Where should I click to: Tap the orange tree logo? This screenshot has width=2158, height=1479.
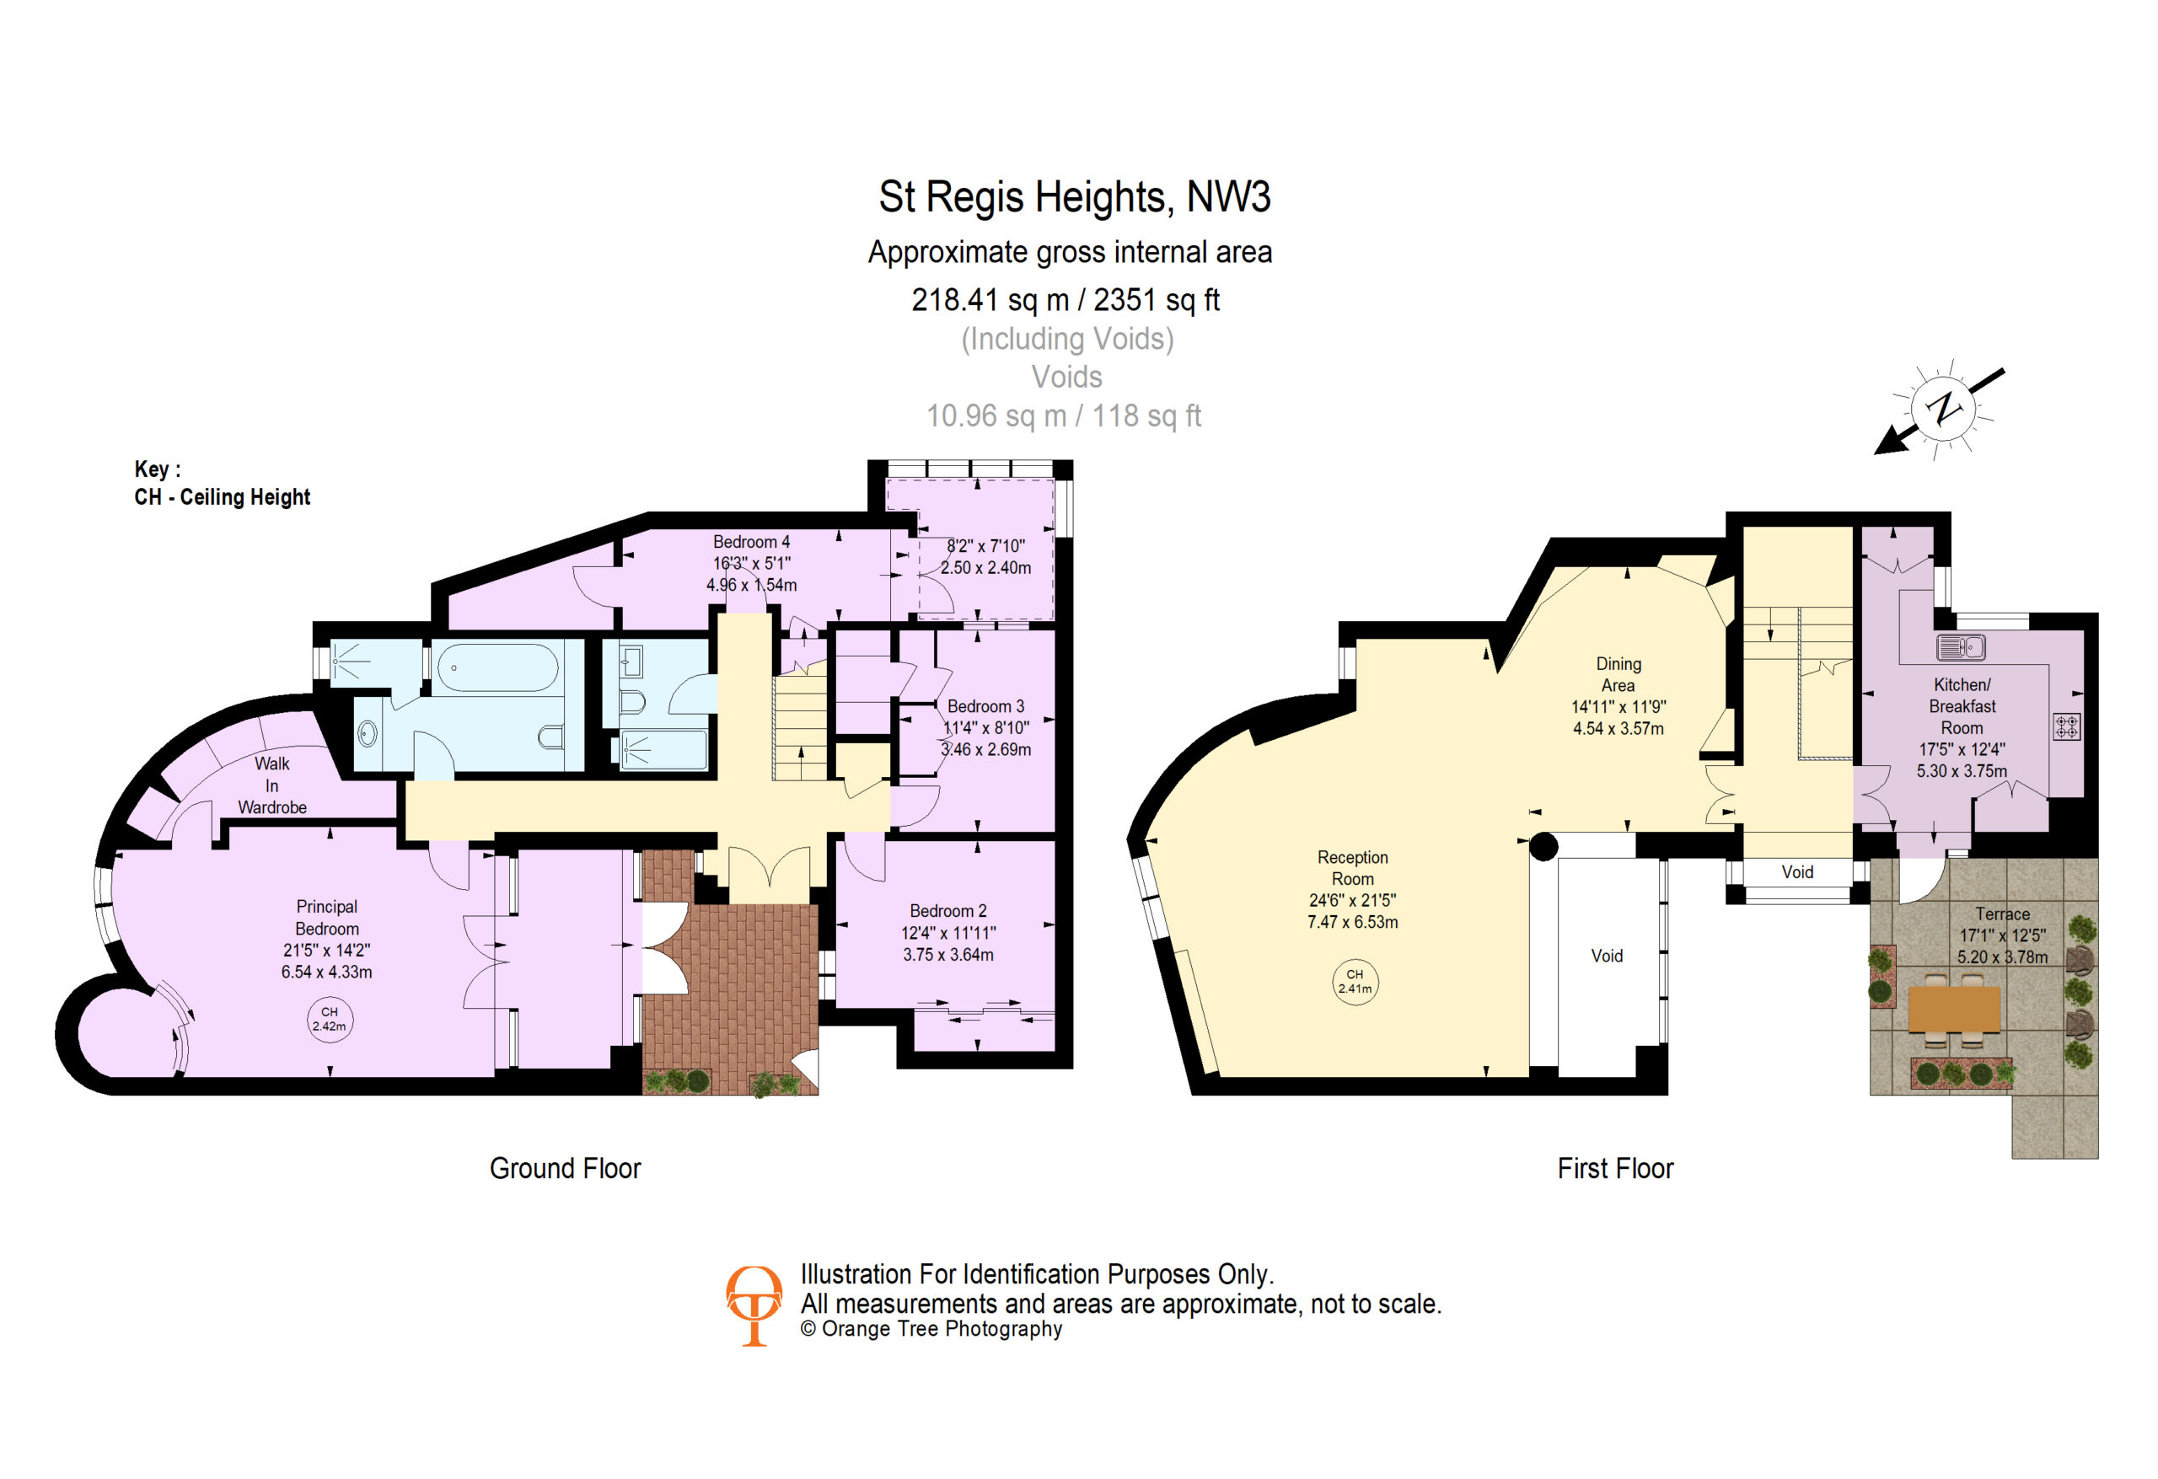(753, 1305)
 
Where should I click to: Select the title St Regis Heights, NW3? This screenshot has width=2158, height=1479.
(1074, 197)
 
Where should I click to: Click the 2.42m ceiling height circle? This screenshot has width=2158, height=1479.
(330, 1019)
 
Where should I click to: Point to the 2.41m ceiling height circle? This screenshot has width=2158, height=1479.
(1355, 981)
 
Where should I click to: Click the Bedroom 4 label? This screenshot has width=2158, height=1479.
(751, 541)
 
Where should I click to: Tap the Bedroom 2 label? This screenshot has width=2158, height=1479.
(948, 911)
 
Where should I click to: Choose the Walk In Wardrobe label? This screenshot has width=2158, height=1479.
(272, 785)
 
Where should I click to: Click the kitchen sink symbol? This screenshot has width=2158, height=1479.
(1961, 646)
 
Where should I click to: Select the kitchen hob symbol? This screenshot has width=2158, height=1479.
(2066, 726)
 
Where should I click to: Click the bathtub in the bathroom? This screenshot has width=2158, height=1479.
(497, 667)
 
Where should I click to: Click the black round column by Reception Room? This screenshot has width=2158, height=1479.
(1543, 846)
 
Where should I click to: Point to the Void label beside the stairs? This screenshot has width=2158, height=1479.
(1796, 871)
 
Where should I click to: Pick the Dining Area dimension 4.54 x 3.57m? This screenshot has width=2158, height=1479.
(1618, 729)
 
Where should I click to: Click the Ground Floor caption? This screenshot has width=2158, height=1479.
(565, 1168)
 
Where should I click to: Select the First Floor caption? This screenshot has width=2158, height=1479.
(1615, 1168)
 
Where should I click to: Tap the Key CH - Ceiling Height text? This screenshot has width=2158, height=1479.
(222, 483)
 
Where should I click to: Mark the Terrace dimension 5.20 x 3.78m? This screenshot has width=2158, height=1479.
(2002, 957)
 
